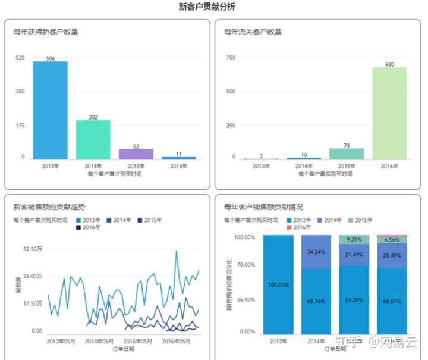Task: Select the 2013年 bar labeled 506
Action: pyautogui.click(x=50, y=110)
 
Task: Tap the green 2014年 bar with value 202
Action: pyautogui.click(x=93, y=139)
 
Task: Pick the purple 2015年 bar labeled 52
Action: pyautogui.click(x=136, y=154)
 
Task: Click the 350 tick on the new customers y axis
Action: pyautogui.click(x=20, y=91)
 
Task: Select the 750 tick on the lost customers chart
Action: pyautogui.click(x=231, y=58)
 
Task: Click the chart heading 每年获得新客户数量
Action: pyautogui.click(x=46, y=32)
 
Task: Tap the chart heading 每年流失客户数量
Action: pyautogui.click(x=253, y=32)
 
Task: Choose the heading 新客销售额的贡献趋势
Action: pyautogui.click(x=49, y=207)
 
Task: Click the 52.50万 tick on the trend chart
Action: pyautogui.click(x=32, y=248)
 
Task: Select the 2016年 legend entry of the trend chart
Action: pyautogui.click(x=91, y=227)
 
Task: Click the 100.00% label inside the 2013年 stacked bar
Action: pyautogui.click(x=278, y=285)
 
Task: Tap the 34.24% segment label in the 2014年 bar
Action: pyautogui.click(x=316, y=252)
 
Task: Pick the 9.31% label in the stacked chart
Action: pyautogui.click(x=354, y=239)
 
